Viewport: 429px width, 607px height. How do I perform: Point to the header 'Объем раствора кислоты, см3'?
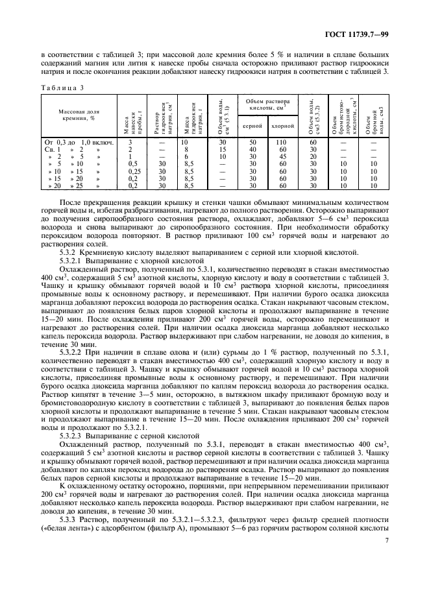(267, 105)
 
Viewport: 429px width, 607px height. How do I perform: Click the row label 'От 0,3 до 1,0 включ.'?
(78, 141)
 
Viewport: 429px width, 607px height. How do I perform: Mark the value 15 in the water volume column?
(223, 149)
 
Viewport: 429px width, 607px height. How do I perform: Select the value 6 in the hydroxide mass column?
(185, 156)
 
